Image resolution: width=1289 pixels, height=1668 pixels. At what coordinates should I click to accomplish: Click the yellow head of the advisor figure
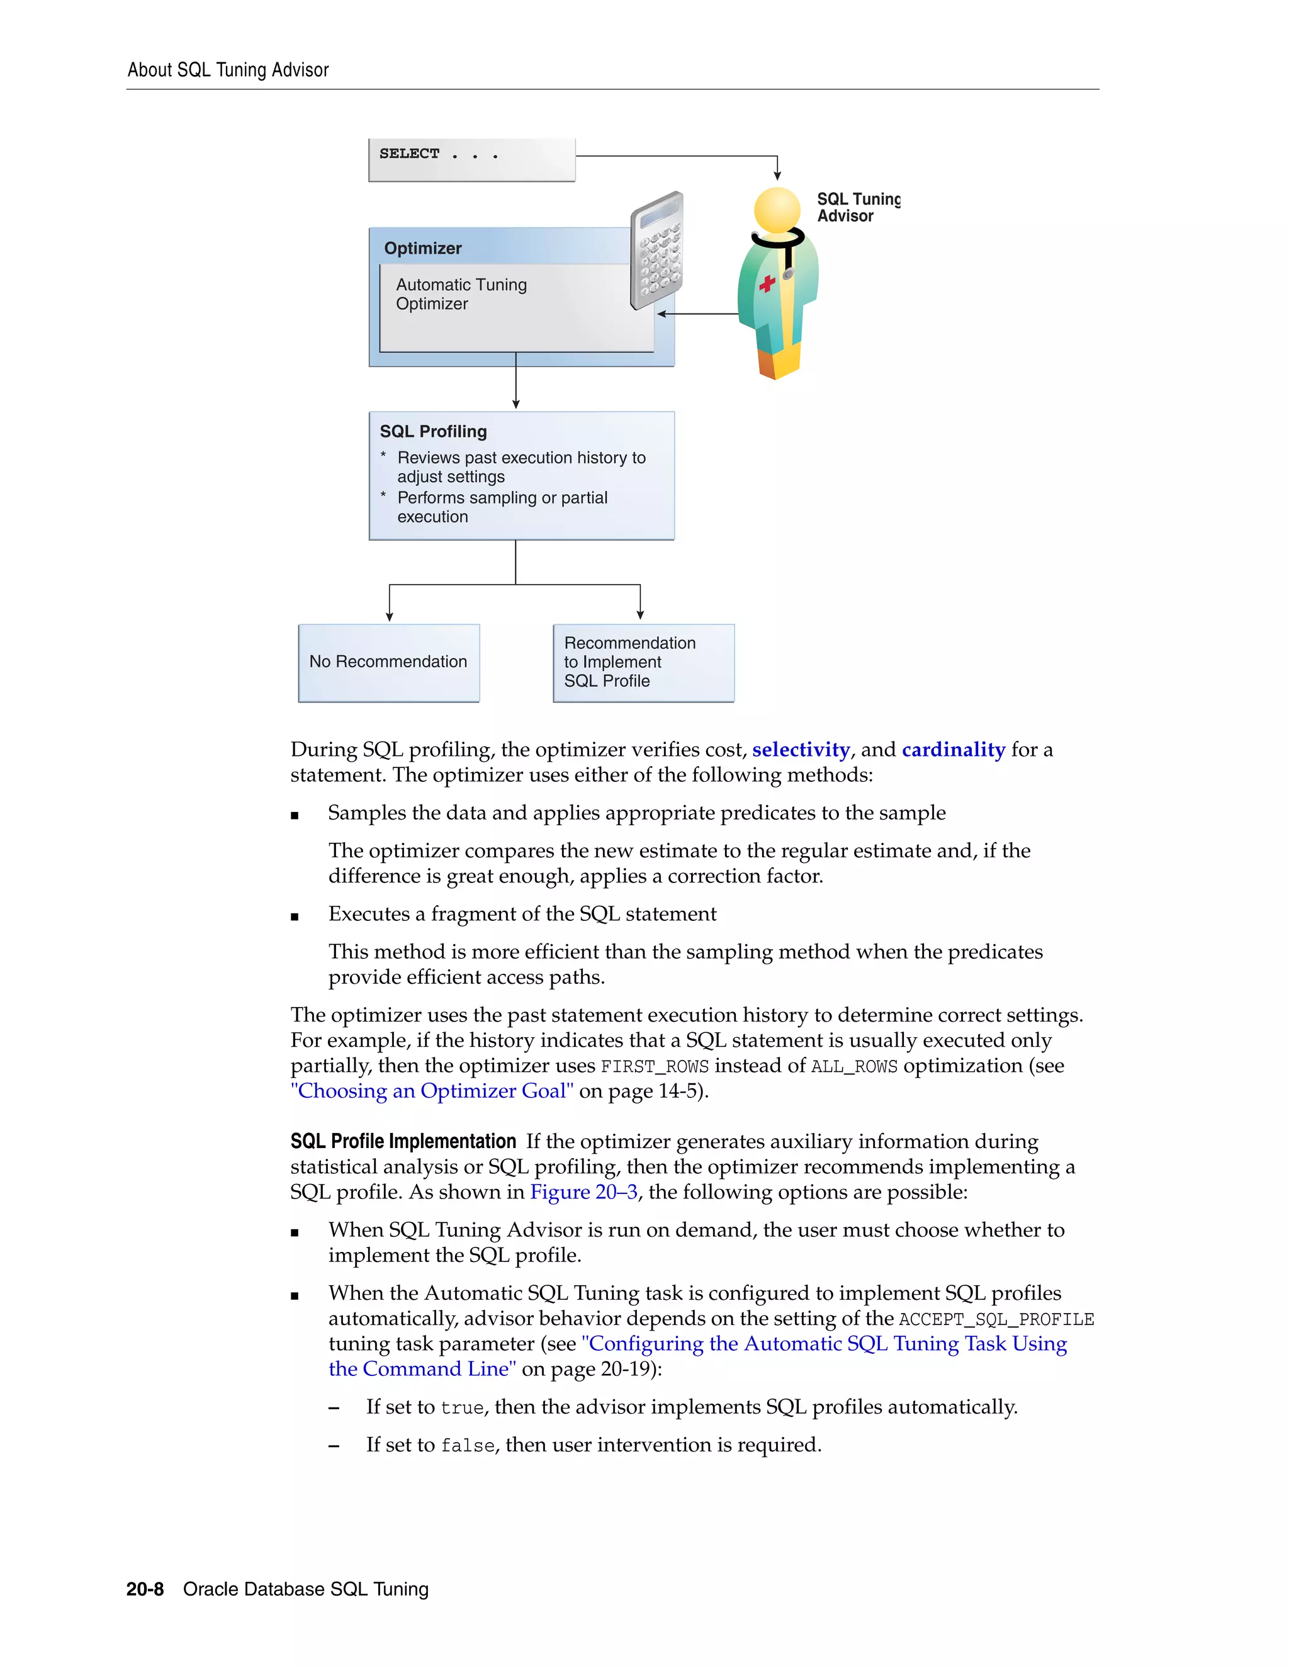click(x=777, y=209)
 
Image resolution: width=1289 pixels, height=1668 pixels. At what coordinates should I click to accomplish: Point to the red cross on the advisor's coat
click(x=767, y=284)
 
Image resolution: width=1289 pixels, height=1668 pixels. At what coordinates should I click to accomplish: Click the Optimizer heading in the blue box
click(x=422, y=248)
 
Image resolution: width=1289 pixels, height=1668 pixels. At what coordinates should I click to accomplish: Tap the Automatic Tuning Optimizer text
click(x=461, y=294)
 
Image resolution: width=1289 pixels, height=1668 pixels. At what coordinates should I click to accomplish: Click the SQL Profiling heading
click(x=433, y=432)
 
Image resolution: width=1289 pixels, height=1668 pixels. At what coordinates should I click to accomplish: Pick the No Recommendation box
click(x=389, y=662)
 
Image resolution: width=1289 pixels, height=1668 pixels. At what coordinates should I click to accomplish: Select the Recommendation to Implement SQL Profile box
click(x=643, y=662)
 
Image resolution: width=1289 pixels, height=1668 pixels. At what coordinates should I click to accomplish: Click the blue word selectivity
click(x=801, y=750)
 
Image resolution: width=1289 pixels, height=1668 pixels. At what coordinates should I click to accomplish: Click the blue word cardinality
click(x=953, y=750)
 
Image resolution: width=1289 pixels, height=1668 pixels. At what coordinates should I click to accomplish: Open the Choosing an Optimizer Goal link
click(x=431, y=1091)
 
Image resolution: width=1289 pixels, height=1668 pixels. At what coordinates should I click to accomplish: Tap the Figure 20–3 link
click(x=583, y=1192)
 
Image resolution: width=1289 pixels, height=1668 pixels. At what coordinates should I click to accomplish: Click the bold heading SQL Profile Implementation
click(x=403, y=1141)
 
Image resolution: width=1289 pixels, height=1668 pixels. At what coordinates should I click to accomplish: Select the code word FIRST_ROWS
click(x=655, y=1066)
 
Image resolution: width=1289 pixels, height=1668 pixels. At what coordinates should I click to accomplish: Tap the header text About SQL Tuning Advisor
click(x=228, y=70)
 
